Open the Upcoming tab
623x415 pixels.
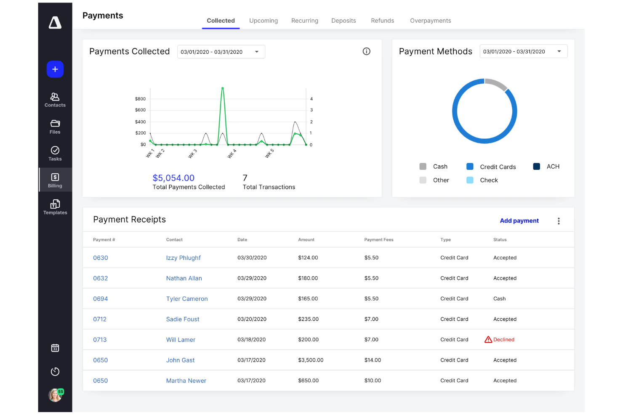[263, 21]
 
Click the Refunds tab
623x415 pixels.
[382, 21]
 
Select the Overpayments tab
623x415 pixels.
[430, 21]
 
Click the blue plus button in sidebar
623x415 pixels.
[55, 69]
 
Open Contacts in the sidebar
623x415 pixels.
[55, 100]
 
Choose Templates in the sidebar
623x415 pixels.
[55, 207]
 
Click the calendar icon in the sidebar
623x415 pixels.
[55, 348]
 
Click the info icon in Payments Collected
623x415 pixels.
[366, 51]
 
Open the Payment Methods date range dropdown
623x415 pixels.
[523, 52]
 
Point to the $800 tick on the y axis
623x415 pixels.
[140, 99]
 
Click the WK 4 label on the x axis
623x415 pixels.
[232, 154]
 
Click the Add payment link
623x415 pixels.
[519, 221]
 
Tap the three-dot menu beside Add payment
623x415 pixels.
[559, 221]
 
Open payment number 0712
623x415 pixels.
[100, 319]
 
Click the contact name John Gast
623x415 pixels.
[180, 360]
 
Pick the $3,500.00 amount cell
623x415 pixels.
[311, 360]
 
